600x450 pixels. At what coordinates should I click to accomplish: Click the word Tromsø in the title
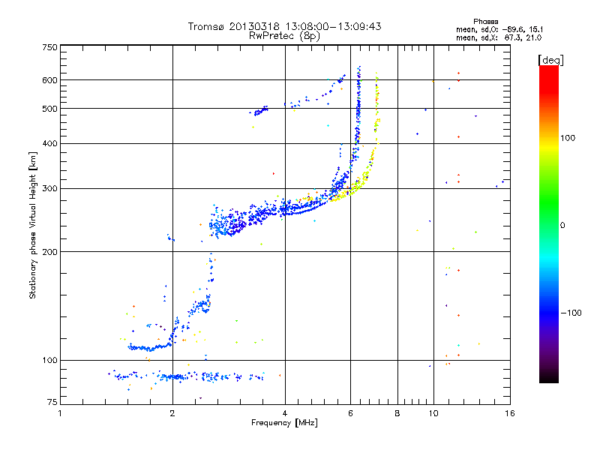pos(208,26)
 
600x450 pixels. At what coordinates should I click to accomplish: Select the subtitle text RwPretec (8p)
pos(284,35)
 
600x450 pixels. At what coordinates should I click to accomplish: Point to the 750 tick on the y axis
pos(49,47)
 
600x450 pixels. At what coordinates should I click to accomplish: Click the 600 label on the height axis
pos(49,79)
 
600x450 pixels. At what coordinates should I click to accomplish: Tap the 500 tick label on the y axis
pos(49,108)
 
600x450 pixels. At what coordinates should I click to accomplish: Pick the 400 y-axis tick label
pos(49,143)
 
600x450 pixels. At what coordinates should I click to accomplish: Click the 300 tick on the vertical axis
pos(49,188)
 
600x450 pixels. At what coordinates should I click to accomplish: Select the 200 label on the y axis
pos(49,251)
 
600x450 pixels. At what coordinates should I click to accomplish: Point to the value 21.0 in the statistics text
pos(532,37)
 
